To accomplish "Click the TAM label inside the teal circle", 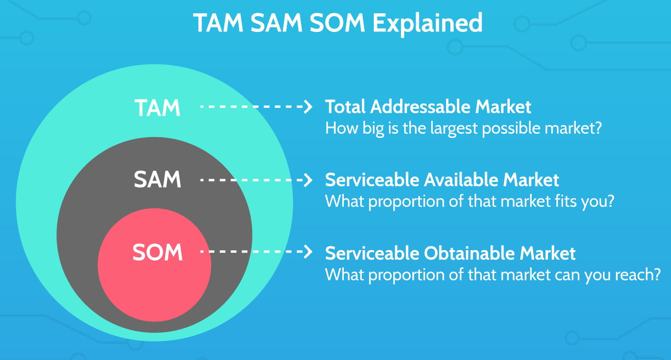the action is pyautogui.click(x=157, y=108).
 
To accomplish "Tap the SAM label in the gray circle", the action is pyautogui.click(x=157, y=179).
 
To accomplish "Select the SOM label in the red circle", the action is pyautogui.click(x=157, y=253).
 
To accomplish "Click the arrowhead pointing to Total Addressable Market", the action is pyautogui.click(x=308, y=107).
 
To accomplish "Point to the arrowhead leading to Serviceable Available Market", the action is pyautogui.click(x=308, y=180).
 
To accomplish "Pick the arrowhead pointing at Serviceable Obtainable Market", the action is pyautogui.click(x=308, y=251).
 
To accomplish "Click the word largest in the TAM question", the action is pyautogui.click(x=454, y=129).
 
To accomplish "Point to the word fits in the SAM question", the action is pyautogui.click(x=566, y=201).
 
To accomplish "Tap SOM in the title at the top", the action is pyautogui.click(x=337, y=23).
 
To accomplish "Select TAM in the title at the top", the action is pyautogui.click(x=218, y=23).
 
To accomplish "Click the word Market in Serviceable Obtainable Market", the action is pyautogui.click(x=547, y=253).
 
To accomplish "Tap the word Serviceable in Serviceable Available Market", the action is pyautogui.click(x=372, y=180).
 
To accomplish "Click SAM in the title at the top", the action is pyautogui.click(x=276, y=23).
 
